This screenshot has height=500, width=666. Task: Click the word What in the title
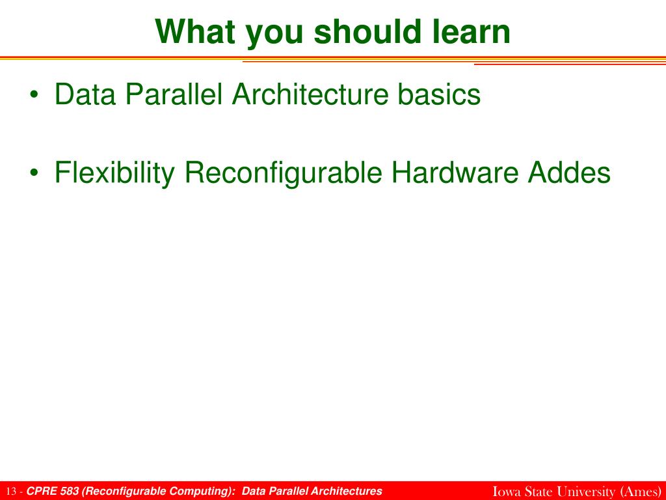point(195,32)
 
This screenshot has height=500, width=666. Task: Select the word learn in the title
point(472,32)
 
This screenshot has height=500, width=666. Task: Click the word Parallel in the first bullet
point(173,94)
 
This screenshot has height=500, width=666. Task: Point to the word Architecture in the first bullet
point(310,94)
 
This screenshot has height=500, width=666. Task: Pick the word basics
point(439,94)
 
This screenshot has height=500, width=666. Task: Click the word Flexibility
point(114,173)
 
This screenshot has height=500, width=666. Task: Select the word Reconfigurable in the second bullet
point(284,173)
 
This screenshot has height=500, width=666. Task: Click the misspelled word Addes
point(569,173)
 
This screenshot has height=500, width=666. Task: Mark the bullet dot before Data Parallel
point(34,95)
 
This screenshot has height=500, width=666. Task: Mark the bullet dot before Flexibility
point(34,173)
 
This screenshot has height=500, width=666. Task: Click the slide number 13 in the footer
point(12,492)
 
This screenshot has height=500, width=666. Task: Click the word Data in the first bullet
point(85,94)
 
